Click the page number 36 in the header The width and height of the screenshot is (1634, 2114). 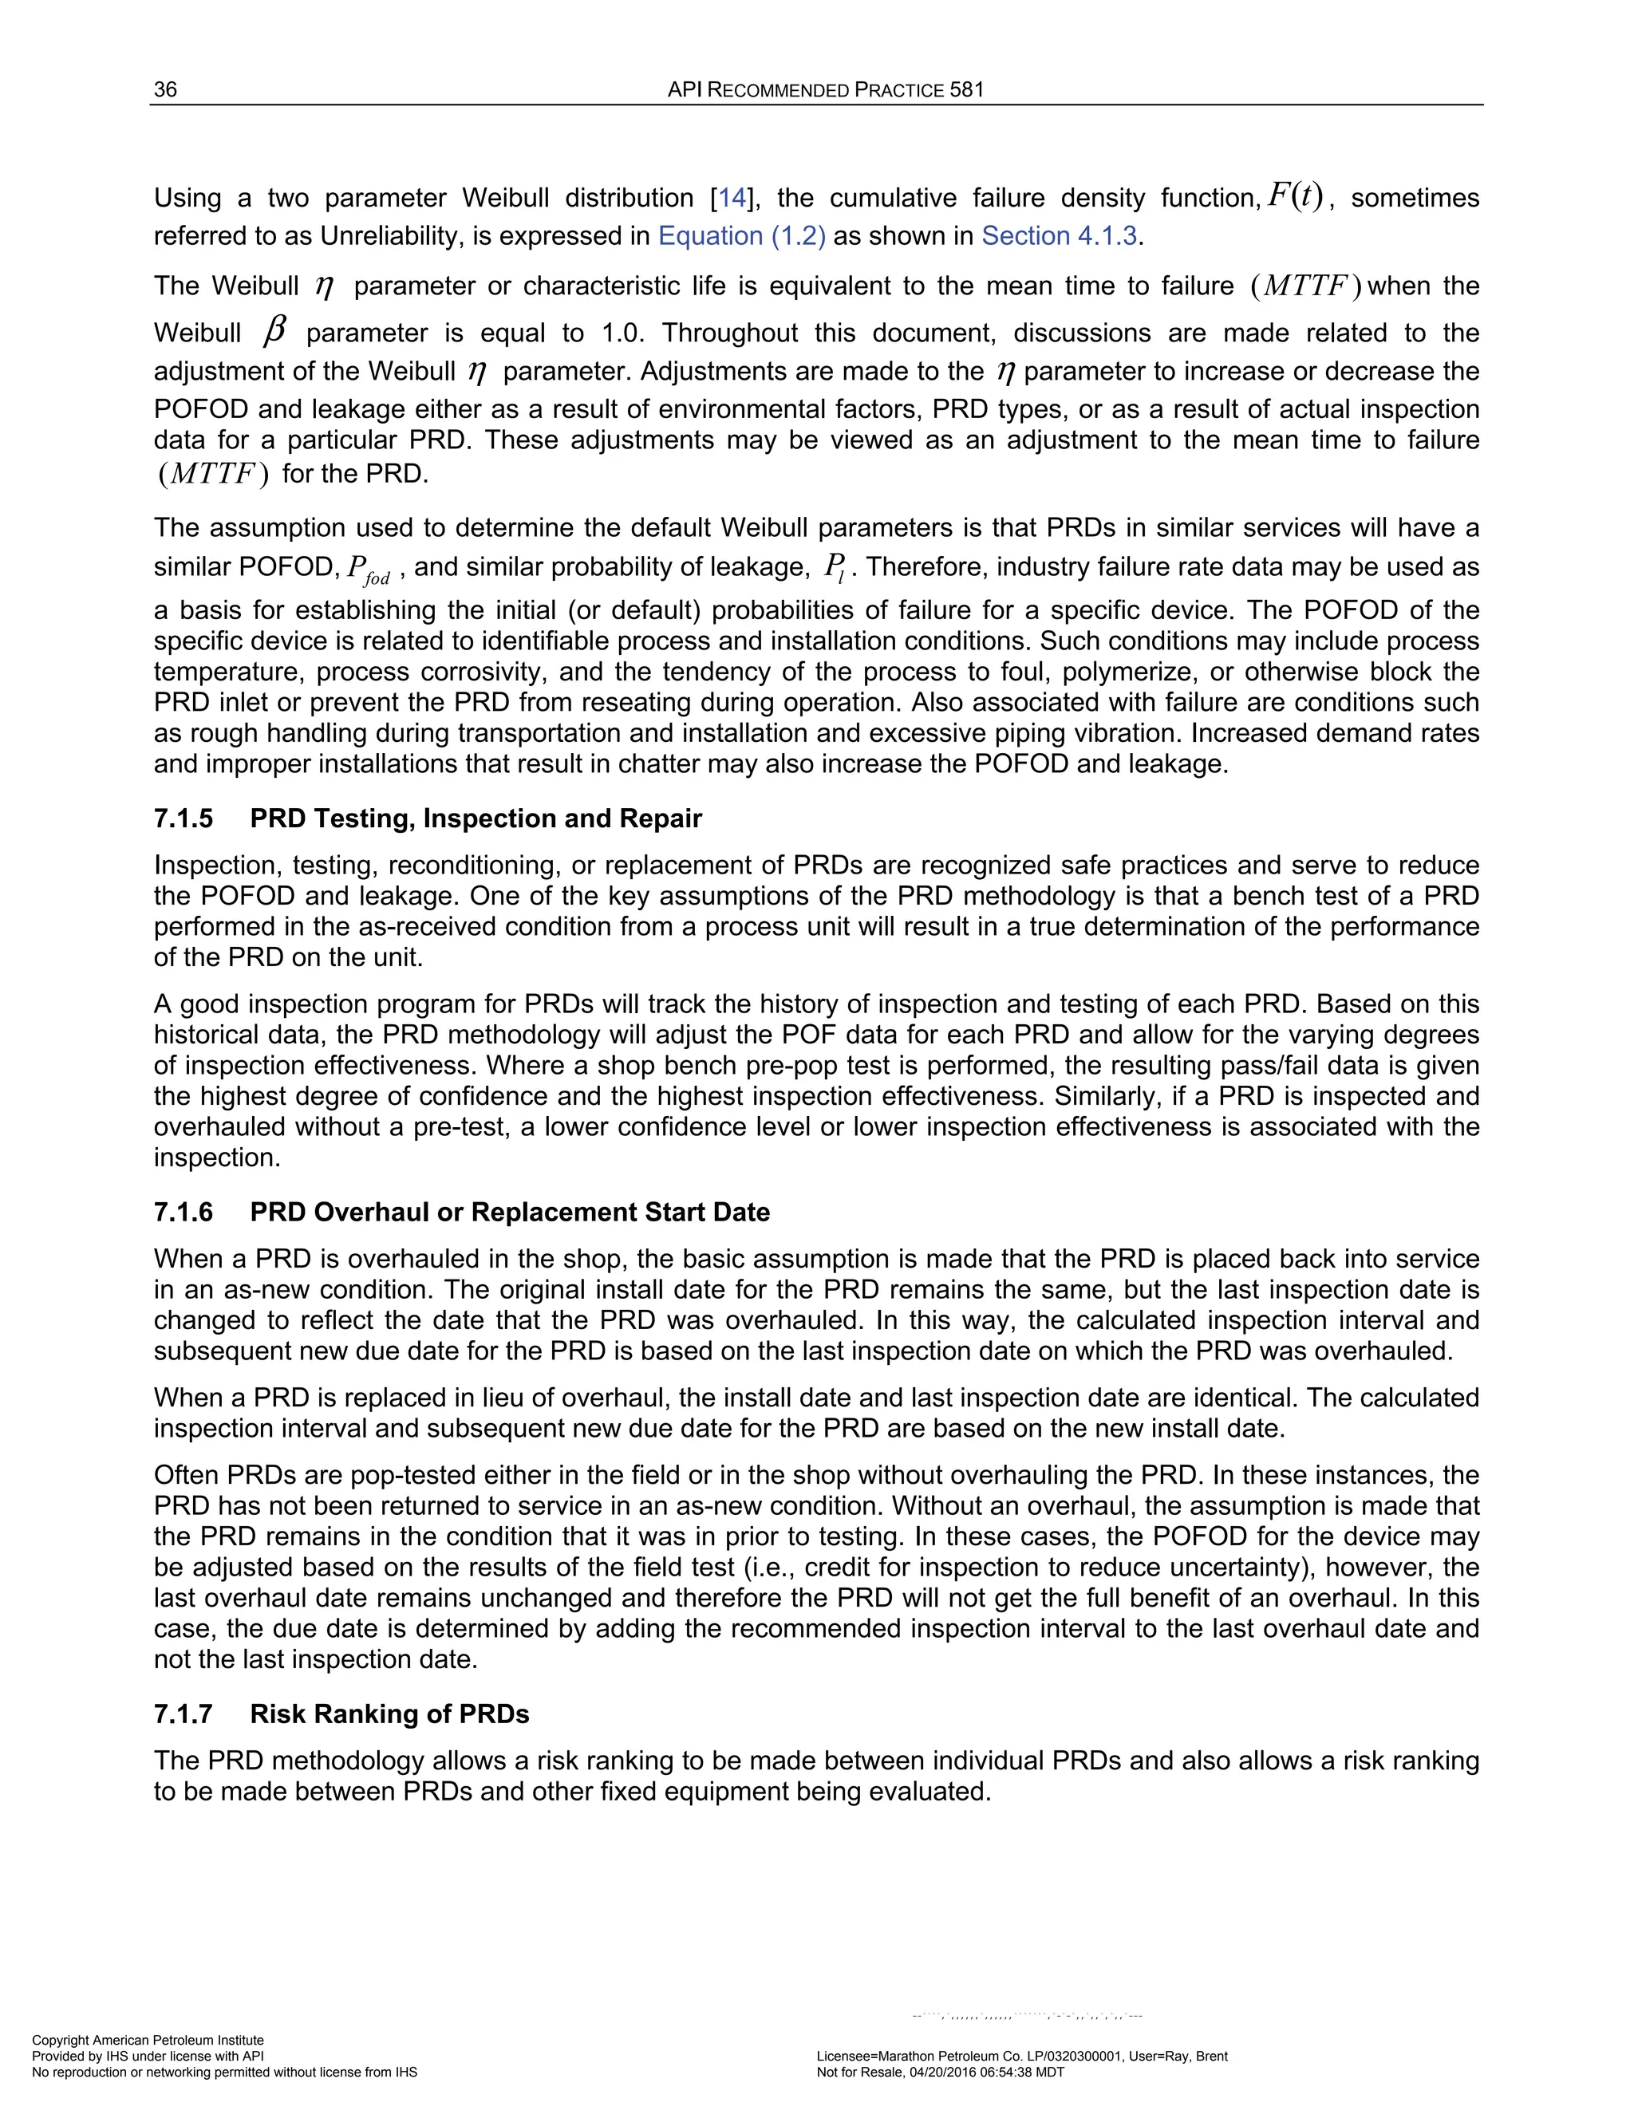click(165, 90)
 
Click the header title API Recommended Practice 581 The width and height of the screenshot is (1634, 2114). click(825, 90)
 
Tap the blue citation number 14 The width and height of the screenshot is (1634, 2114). click(732, 199)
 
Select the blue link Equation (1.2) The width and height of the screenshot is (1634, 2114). click(741, 236)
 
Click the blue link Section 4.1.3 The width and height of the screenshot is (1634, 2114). click(1059, 236)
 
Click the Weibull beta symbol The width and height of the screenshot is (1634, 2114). click(275, 332)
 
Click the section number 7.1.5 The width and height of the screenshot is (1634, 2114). click(183, 819)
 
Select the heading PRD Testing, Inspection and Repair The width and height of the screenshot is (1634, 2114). click(476, 819)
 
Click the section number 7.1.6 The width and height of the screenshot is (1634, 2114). click(183, 1213)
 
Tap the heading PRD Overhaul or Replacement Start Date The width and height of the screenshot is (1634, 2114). click(509, 1213)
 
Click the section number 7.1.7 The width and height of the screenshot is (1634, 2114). click(183, 1714)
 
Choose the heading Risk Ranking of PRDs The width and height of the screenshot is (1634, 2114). click(389, 1714)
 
